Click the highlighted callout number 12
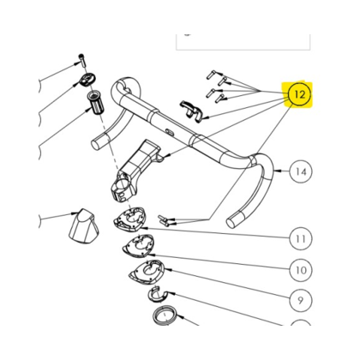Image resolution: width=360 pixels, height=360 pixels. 299,94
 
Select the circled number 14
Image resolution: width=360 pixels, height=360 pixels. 301,171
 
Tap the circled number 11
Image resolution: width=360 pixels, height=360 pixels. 301,238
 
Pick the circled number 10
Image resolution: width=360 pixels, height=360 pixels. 301,270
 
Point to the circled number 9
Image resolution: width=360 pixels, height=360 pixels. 301,301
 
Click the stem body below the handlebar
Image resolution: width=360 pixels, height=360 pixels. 134,171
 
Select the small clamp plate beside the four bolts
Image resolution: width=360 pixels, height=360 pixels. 190,111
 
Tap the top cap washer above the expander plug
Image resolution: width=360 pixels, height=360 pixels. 86,80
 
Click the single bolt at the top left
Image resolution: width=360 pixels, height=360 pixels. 82,60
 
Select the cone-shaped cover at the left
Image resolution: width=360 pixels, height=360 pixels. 84,225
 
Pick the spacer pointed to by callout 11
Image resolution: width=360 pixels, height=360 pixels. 130,219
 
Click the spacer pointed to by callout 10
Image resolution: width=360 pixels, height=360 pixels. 138,245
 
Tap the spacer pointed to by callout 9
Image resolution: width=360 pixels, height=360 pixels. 147,273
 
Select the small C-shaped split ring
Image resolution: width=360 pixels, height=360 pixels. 157,295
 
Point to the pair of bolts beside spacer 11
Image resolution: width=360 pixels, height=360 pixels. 164,220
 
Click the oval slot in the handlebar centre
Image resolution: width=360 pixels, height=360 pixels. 169,131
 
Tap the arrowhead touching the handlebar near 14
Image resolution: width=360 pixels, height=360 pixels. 277,171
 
